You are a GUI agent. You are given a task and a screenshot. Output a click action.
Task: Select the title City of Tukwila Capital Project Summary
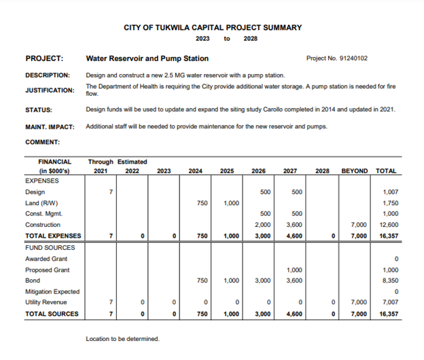click(213, 28)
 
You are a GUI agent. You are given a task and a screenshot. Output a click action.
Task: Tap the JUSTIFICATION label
click(50, 90)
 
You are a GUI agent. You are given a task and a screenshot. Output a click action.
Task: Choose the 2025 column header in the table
click(227, 171)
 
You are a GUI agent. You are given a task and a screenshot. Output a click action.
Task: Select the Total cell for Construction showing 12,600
click(387, 225)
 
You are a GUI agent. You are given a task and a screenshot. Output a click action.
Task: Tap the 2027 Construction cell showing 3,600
click(293, 225)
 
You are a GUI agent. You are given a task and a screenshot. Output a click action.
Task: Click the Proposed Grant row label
click(48, 270)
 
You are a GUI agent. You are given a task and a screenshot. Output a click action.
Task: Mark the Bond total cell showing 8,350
click(389, 281)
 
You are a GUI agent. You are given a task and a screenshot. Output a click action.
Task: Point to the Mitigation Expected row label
click(53, 291)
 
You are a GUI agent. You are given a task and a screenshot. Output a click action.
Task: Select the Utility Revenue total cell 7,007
click(389, 302)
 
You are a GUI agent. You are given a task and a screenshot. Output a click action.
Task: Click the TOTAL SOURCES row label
click(52, 313)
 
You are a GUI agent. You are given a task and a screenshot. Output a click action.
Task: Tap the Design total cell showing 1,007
click(389, 192)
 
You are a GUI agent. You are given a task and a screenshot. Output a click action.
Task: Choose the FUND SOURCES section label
click(50, 247)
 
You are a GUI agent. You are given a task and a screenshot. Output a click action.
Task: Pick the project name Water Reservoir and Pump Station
click(147, 58)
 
